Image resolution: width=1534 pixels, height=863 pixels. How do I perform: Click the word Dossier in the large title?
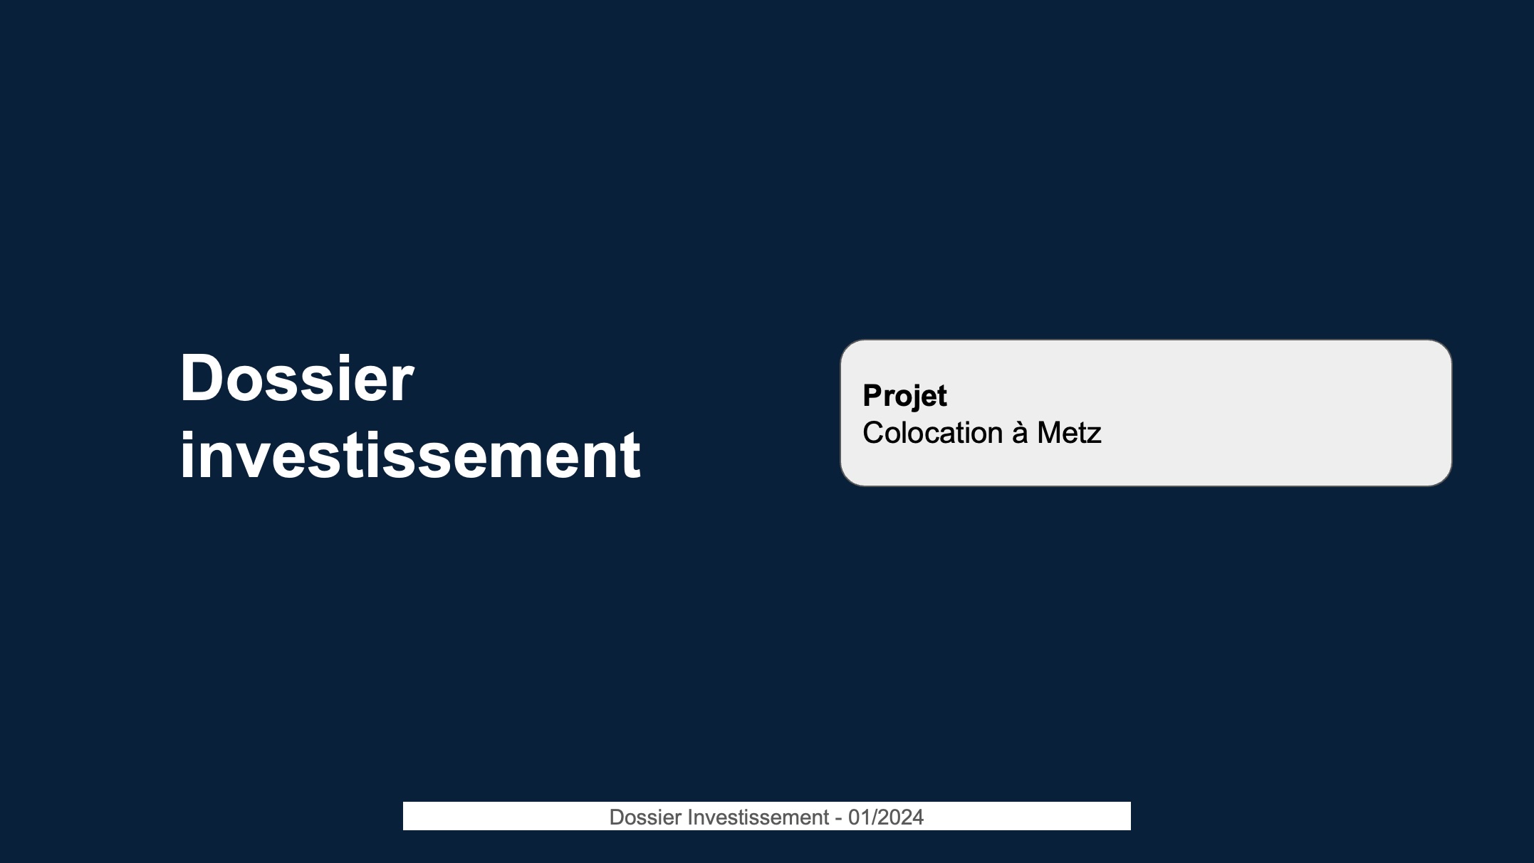(x=296, y=378)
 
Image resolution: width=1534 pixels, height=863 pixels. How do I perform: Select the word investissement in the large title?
(x=410, y=455)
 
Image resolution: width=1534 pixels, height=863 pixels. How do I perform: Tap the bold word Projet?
(x=904, y=397)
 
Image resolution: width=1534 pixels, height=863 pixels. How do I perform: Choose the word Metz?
(x=1069, y=433)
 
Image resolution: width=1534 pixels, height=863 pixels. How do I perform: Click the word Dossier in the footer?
(x=646, y=817)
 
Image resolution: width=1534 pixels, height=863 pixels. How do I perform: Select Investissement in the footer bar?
(x=759, y=817)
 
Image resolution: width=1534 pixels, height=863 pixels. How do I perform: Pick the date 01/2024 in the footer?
(x=886, y=817)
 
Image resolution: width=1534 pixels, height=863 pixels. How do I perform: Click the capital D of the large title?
(x=203, y=378)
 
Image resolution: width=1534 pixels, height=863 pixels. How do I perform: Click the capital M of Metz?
(x=1050, y=433)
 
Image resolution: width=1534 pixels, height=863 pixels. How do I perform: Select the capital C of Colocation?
(x=874, y=433)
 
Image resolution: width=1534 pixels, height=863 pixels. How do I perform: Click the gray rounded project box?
(x=1146, y=413)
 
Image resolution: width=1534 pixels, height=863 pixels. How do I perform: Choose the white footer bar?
(x=767, y=816)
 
